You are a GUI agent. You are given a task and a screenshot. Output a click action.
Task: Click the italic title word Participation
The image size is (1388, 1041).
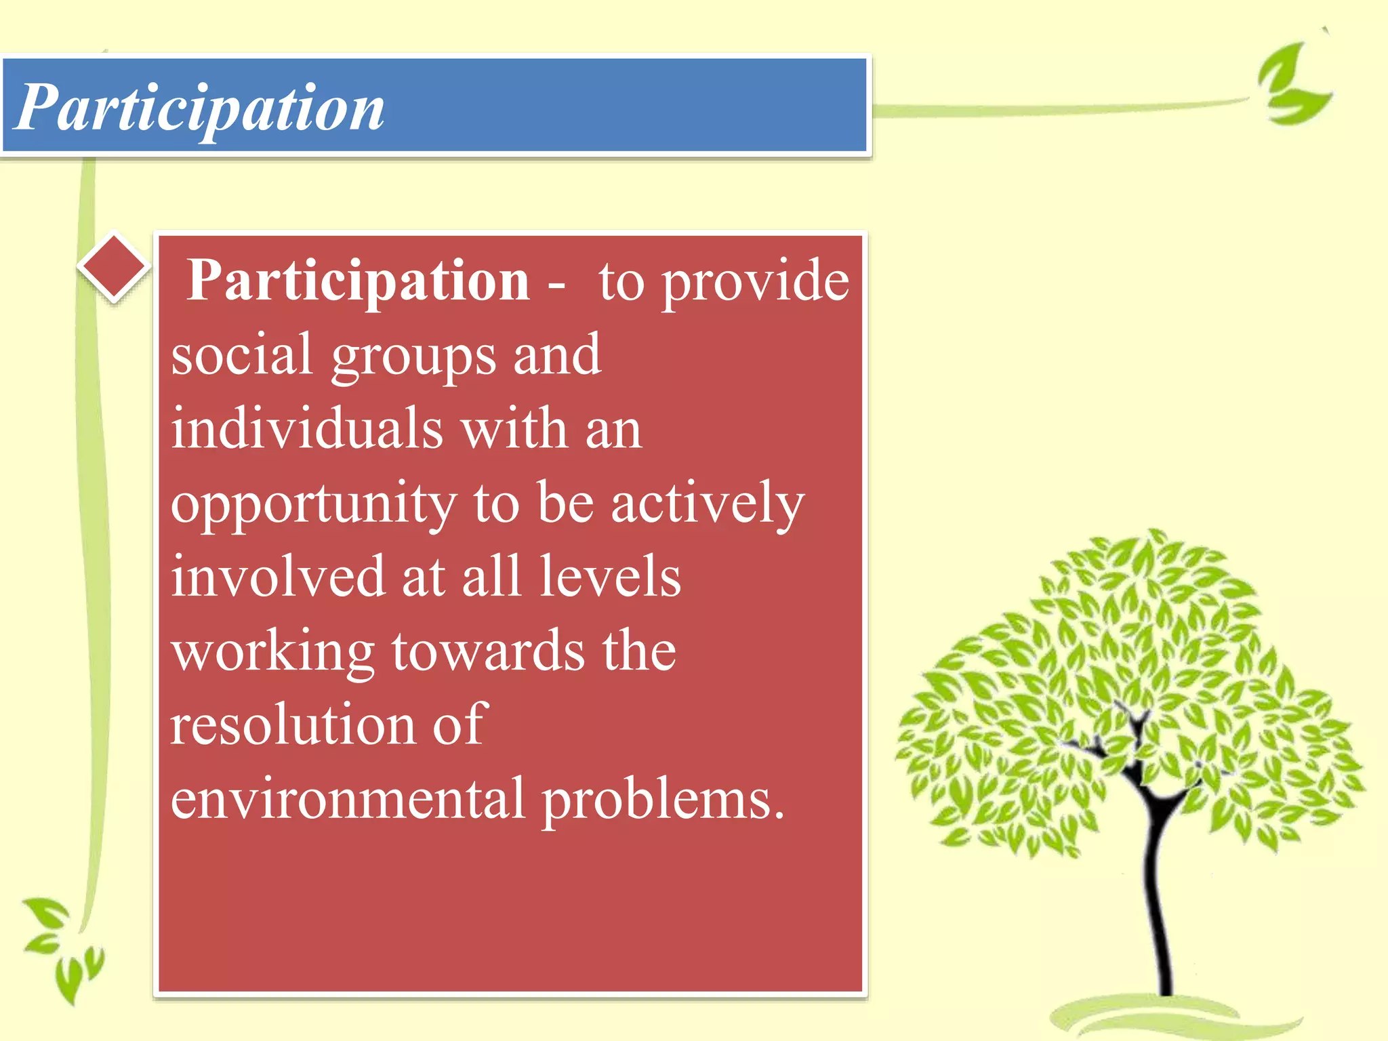click(199, 108)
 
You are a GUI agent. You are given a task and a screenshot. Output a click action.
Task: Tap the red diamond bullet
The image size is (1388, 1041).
click(113, 266)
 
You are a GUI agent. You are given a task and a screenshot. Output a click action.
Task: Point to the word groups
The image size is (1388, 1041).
click(413, 358)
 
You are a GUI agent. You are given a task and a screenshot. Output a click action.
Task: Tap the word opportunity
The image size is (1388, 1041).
click(313, 505)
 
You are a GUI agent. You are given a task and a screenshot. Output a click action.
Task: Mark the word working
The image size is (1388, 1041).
click(272, 652)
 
